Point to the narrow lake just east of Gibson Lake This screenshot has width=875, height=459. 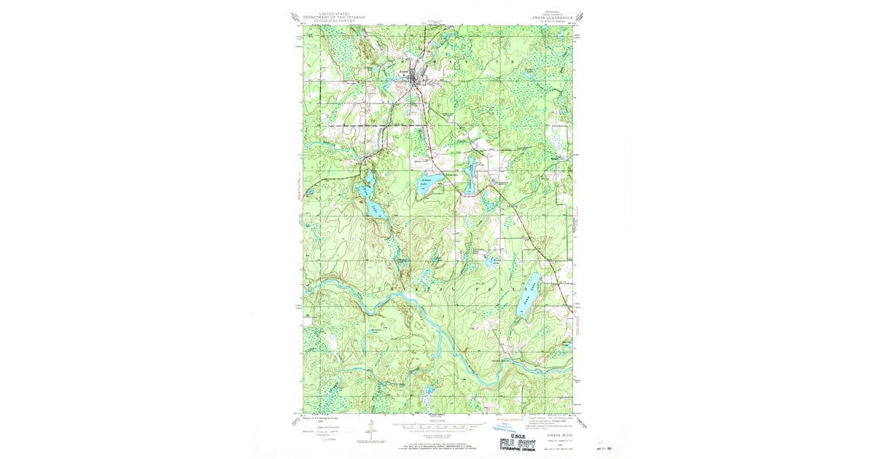pos(470,174)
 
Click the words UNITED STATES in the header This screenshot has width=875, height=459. pos(329,13)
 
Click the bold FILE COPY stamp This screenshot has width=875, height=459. pos(518,443)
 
